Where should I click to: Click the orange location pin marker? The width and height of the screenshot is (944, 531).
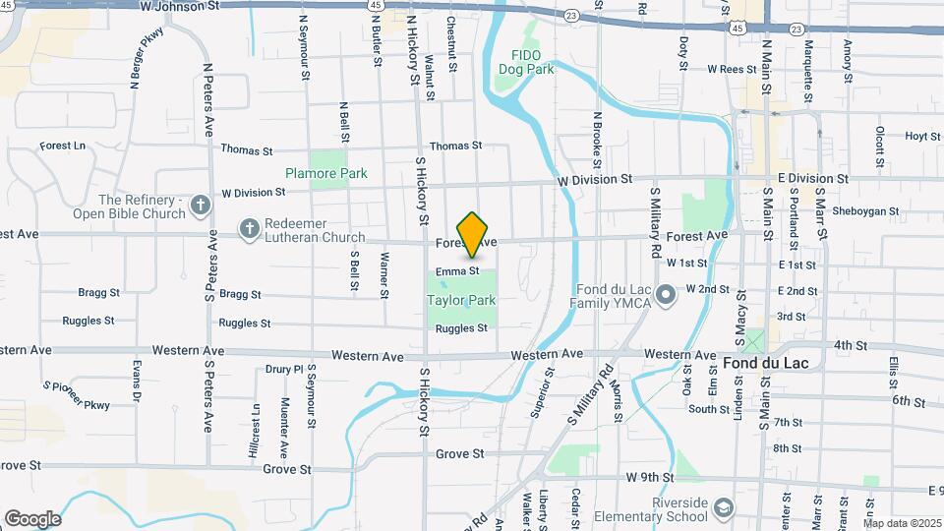[473, 234]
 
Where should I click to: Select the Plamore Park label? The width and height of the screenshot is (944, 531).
[326, 173]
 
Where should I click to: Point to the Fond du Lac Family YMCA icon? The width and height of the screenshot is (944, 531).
[666, 294]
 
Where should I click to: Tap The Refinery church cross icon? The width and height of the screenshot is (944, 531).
[200, 206]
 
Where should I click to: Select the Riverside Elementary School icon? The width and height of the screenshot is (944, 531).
[724, 507]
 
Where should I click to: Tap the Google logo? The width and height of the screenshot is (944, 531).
[32, 518]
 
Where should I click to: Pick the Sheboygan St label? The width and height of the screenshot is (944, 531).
[866, 210]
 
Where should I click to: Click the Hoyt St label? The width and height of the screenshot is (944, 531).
[922, 137]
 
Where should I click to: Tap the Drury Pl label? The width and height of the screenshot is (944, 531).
[284, 370]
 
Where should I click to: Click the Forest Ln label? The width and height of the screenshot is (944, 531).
[63, 146]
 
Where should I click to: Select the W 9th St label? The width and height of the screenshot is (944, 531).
[650, 478]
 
